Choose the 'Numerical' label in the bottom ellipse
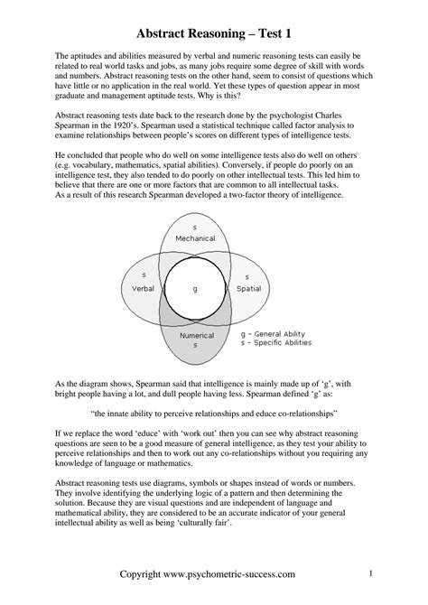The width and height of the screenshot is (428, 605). pos(196,335)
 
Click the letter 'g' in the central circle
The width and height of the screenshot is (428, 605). pos(195,288)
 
